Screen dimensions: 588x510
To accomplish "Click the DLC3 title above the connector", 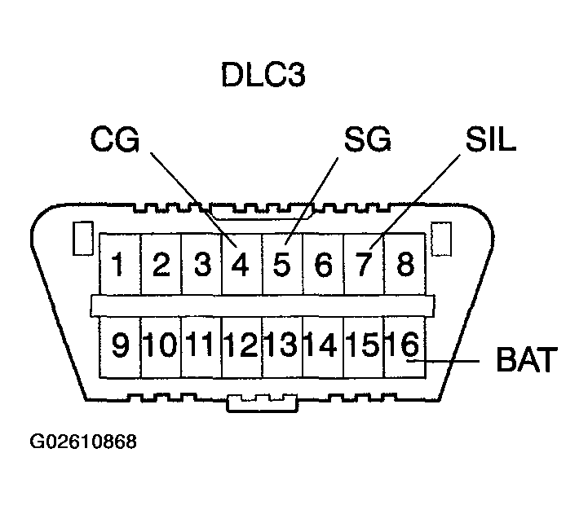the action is pyautogui.click(x=263, y=75).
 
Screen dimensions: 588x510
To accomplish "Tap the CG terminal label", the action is pyautogui.click(x=115, y=139).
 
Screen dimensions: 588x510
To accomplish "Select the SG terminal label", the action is pyautogui.click(x=367, y=139).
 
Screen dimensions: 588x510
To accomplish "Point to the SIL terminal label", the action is pyautogui.click(x=490, y=139).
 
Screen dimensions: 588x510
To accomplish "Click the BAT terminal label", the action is pyautogui.click(x=527, y=360).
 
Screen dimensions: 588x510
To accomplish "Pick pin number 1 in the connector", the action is pyautogui.click(x=118, y=265).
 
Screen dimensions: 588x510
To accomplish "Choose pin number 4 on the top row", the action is pyautogui.click(x=240, y=265).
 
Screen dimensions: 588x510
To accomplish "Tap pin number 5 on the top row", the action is pyautogui.click(x=281, y=265).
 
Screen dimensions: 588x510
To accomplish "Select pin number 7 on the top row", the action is pyautogui.click(x=364, y=265).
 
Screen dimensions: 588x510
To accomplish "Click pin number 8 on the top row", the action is pyautogui.click(x=405, y=265).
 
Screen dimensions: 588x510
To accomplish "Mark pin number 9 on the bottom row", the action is pyautogui.click(x=121, y=344).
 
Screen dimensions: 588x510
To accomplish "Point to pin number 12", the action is pyautogui.click(x=241, y=344).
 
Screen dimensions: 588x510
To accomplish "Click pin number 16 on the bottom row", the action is pyautogui.click(x=403, y=343).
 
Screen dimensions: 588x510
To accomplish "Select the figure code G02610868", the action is pyautogui.click(x=83, y=442).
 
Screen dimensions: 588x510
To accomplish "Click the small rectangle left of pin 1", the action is pyautogui.click(x=82, y=239).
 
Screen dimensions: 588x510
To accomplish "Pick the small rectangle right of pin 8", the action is pyautogui.click(x=441, y=239).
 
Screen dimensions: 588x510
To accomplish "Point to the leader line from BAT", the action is pyautogui.click(x=444, y=361).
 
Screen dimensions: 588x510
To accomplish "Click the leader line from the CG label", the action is pyautogui.click(x=193, y=200).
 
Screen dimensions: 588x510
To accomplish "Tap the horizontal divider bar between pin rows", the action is pyautogui.click(x=263, y=306).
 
